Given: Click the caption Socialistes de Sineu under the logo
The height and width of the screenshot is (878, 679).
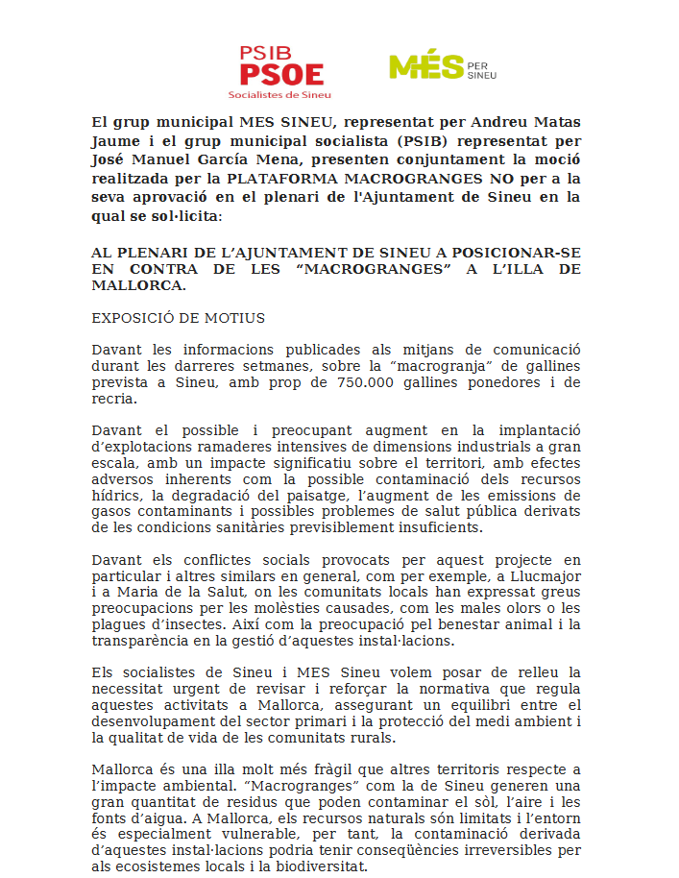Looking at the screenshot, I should pos(280,94).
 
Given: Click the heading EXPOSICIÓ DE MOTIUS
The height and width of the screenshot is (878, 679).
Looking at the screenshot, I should pos(178,318).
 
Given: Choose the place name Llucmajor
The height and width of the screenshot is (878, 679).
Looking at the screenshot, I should pos(540,576).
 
